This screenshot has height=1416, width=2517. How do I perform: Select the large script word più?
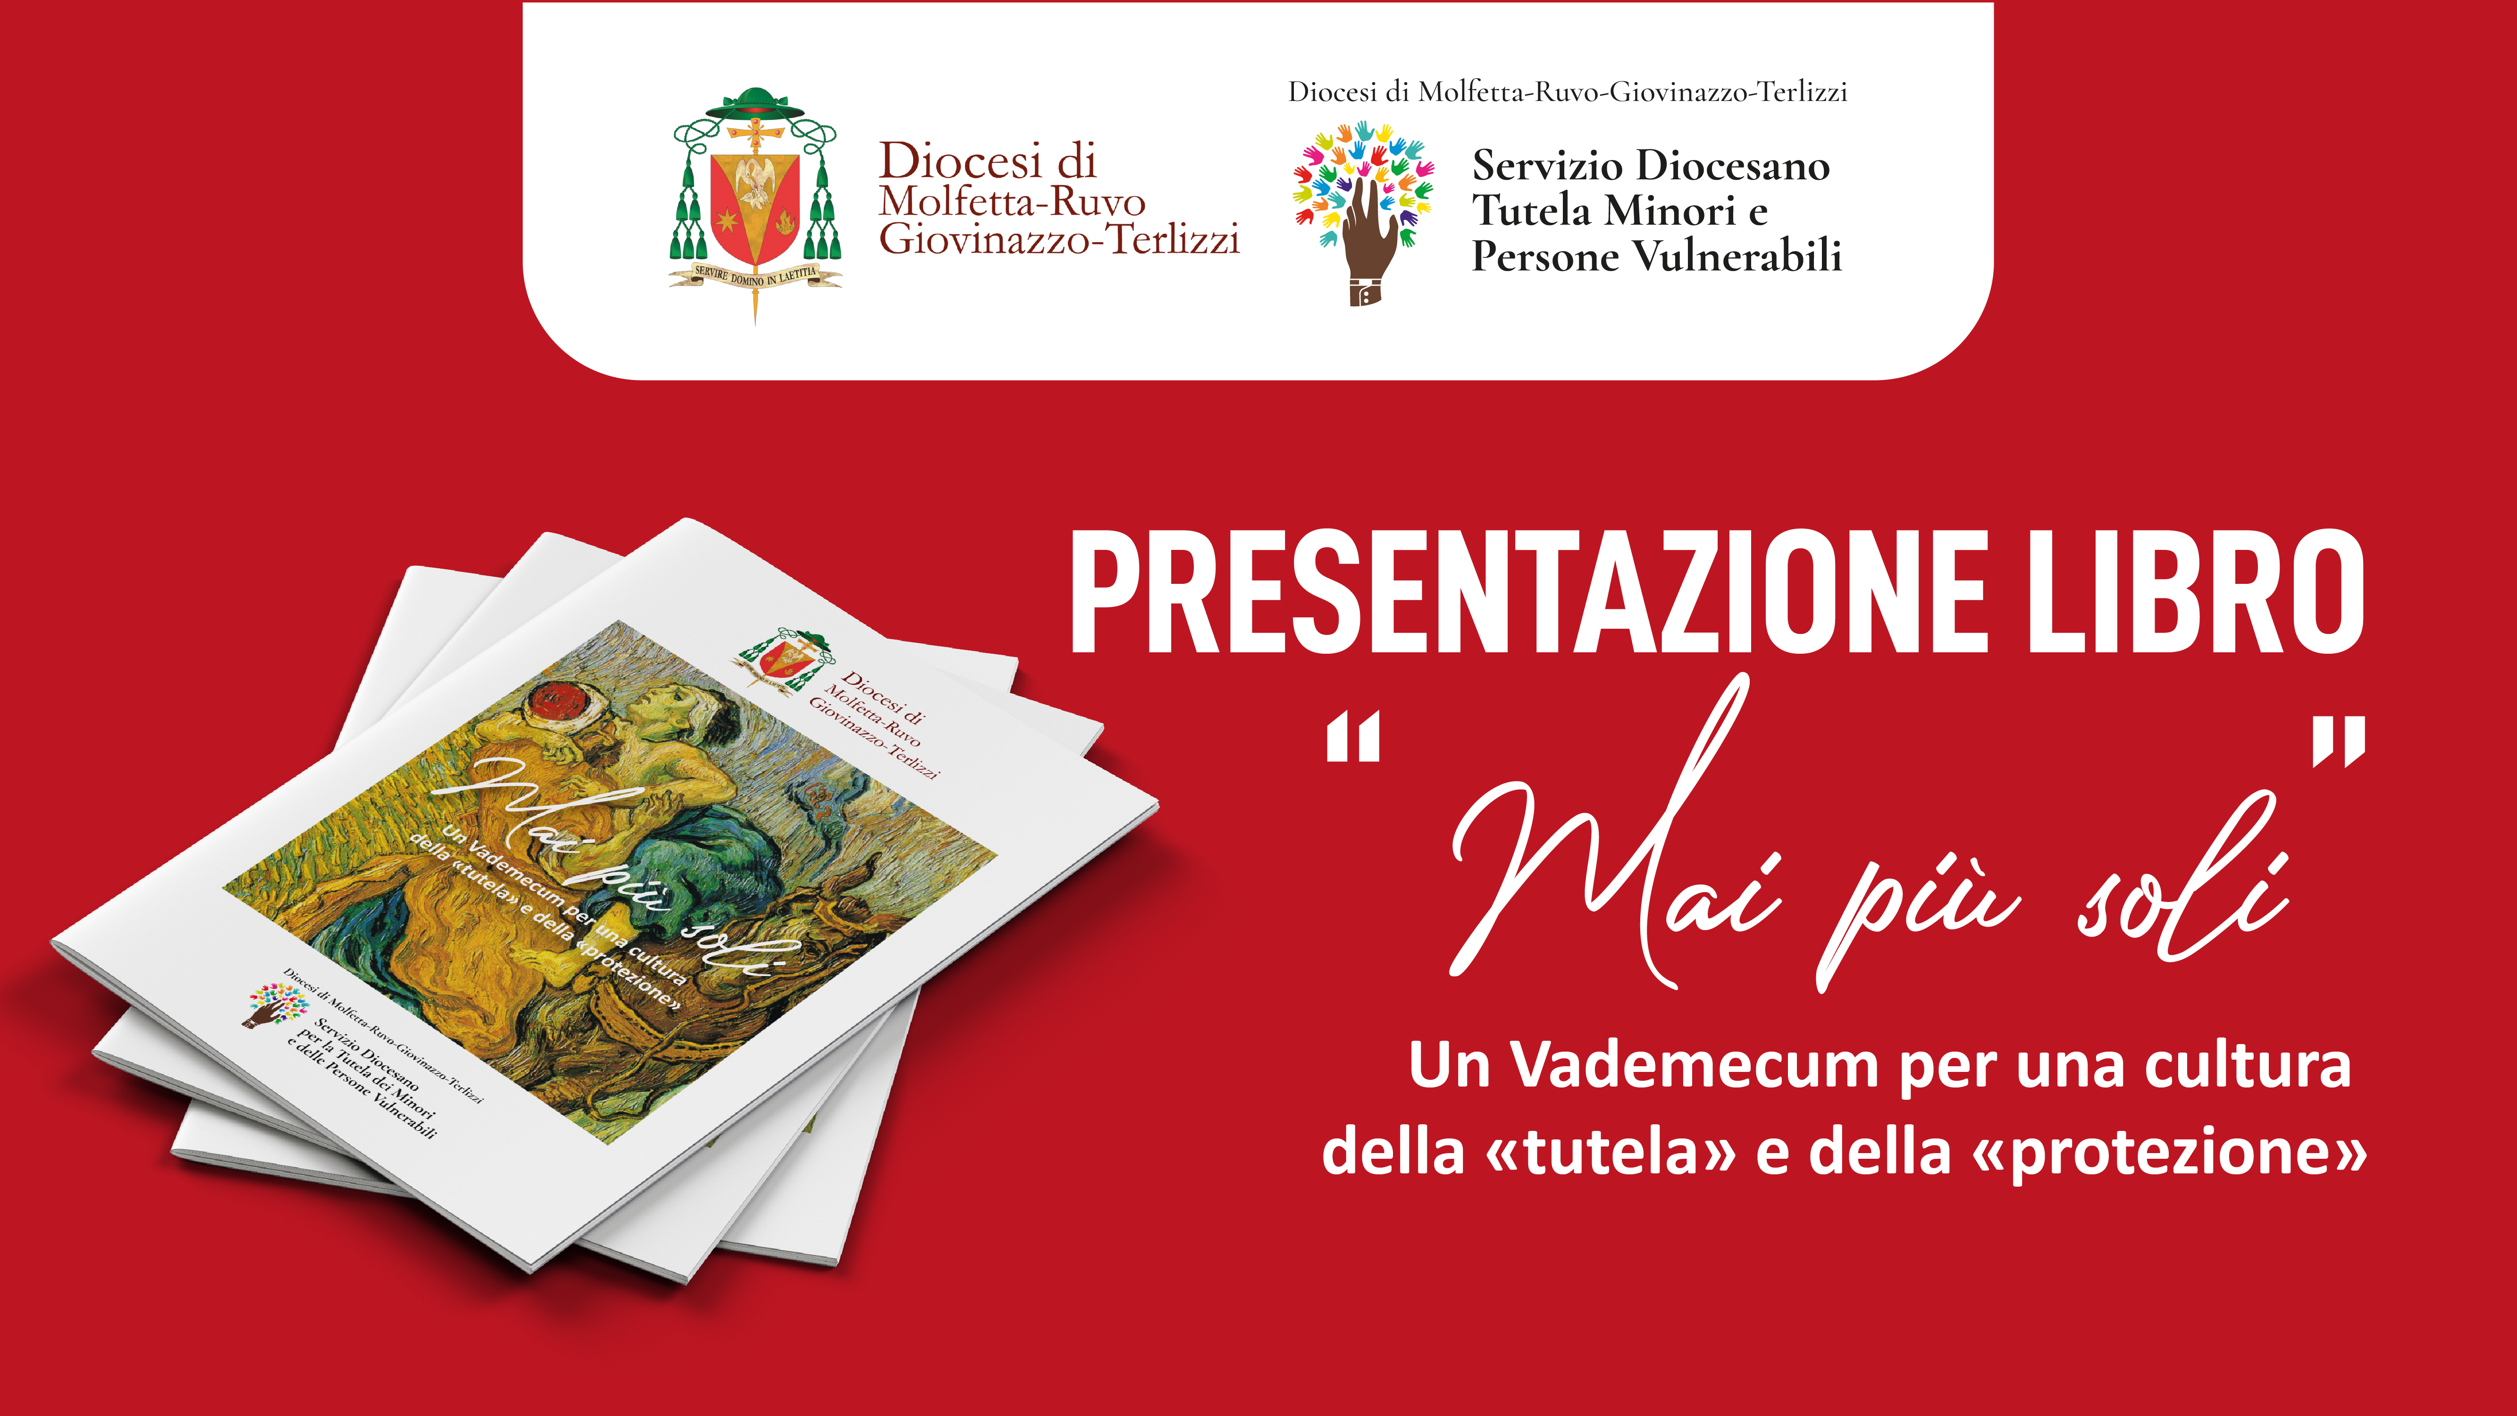(1915, 914)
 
